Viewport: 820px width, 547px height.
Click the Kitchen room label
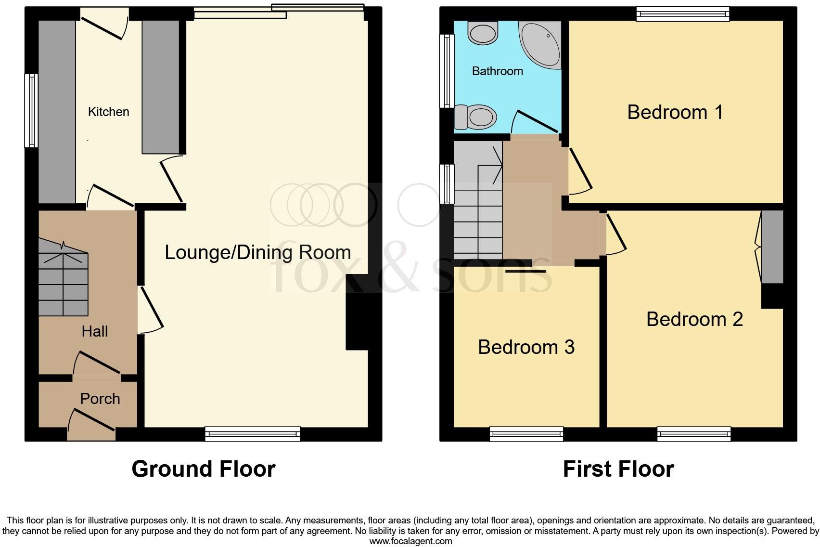(108, 112)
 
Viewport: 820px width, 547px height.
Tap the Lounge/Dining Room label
(258, 252)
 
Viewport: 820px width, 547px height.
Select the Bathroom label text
(498, 71)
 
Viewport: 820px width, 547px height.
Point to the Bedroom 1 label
(675, 112)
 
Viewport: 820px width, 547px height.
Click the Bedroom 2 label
(694, 319)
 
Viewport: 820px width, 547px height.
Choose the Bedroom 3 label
(526, 347)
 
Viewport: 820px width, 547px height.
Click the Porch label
(100, 399)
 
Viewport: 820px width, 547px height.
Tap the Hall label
(94, 332)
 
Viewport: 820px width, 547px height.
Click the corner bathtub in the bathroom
(540, 45)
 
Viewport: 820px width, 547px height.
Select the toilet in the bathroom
(475, 117)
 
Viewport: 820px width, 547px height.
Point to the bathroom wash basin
(483, 33)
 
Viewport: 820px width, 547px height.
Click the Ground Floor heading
(204, 469)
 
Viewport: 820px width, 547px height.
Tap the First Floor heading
(618, 469)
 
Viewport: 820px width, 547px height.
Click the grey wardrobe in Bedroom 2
(772, 247)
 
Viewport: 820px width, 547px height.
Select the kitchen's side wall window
(31, 111)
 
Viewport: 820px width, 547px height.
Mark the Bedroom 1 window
(683, 14)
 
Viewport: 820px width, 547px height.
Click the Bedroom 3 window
(526, 434)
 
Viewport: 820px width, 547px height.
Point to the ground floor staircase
(64, 277)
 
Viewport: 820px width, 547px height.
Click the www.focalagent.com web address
(411, 541)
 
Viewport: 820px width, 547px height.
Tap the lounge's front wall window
(253, 434)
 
